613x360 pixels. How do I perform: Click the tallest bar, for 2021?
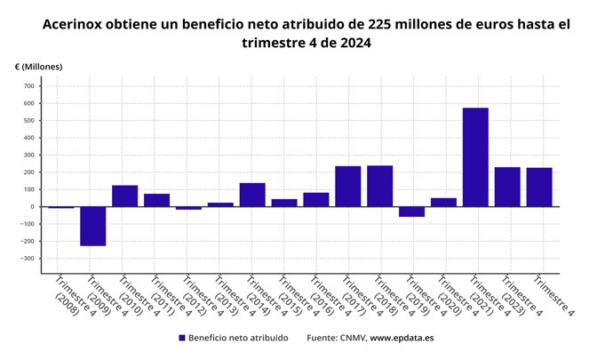pos(475,157)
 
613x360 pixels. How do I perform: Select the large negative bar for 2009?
pos(93,226)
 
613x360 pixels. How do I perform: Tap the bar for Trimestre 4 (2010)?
pos(124,196)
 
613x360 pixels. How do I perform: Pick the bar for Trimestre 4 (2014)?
pos(252,195)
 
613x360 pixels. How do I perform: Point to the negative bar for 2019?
pos(411,212)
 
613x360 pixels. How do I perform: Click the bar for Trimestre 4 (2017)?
pos(348,186)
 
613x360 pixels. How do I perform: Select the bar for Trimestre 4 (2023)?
pos(507,187)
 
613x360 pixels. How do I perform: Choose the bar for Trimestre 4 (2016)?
pos(316,199)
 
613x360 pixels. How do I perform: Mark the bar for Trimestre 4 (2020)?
pos(443,202)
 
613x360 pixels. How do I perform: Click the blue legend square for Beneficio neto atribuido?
pos(182,338)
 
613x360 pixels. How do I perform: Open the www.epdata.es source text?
pos(402,338)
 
